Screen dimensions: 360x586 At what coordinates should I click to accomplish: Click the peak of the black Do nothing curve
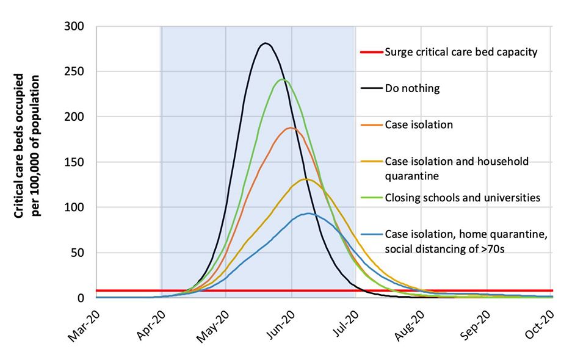click(265, 43)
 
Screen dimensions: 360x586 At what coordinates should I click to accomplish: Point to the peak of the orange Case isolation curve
click(291, 128)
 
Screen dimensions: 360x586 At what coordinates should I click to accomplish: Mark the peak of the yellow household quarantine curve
click(306, 179)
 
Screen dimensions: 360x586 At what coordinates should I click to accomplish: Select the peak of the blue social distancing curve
click(309, 214)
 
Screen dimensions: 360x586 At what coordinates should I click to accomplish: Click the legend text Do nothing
click(412, 88)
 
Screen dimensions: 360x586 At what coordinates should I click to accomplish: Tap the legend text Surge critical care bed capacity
click(461, 52)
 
